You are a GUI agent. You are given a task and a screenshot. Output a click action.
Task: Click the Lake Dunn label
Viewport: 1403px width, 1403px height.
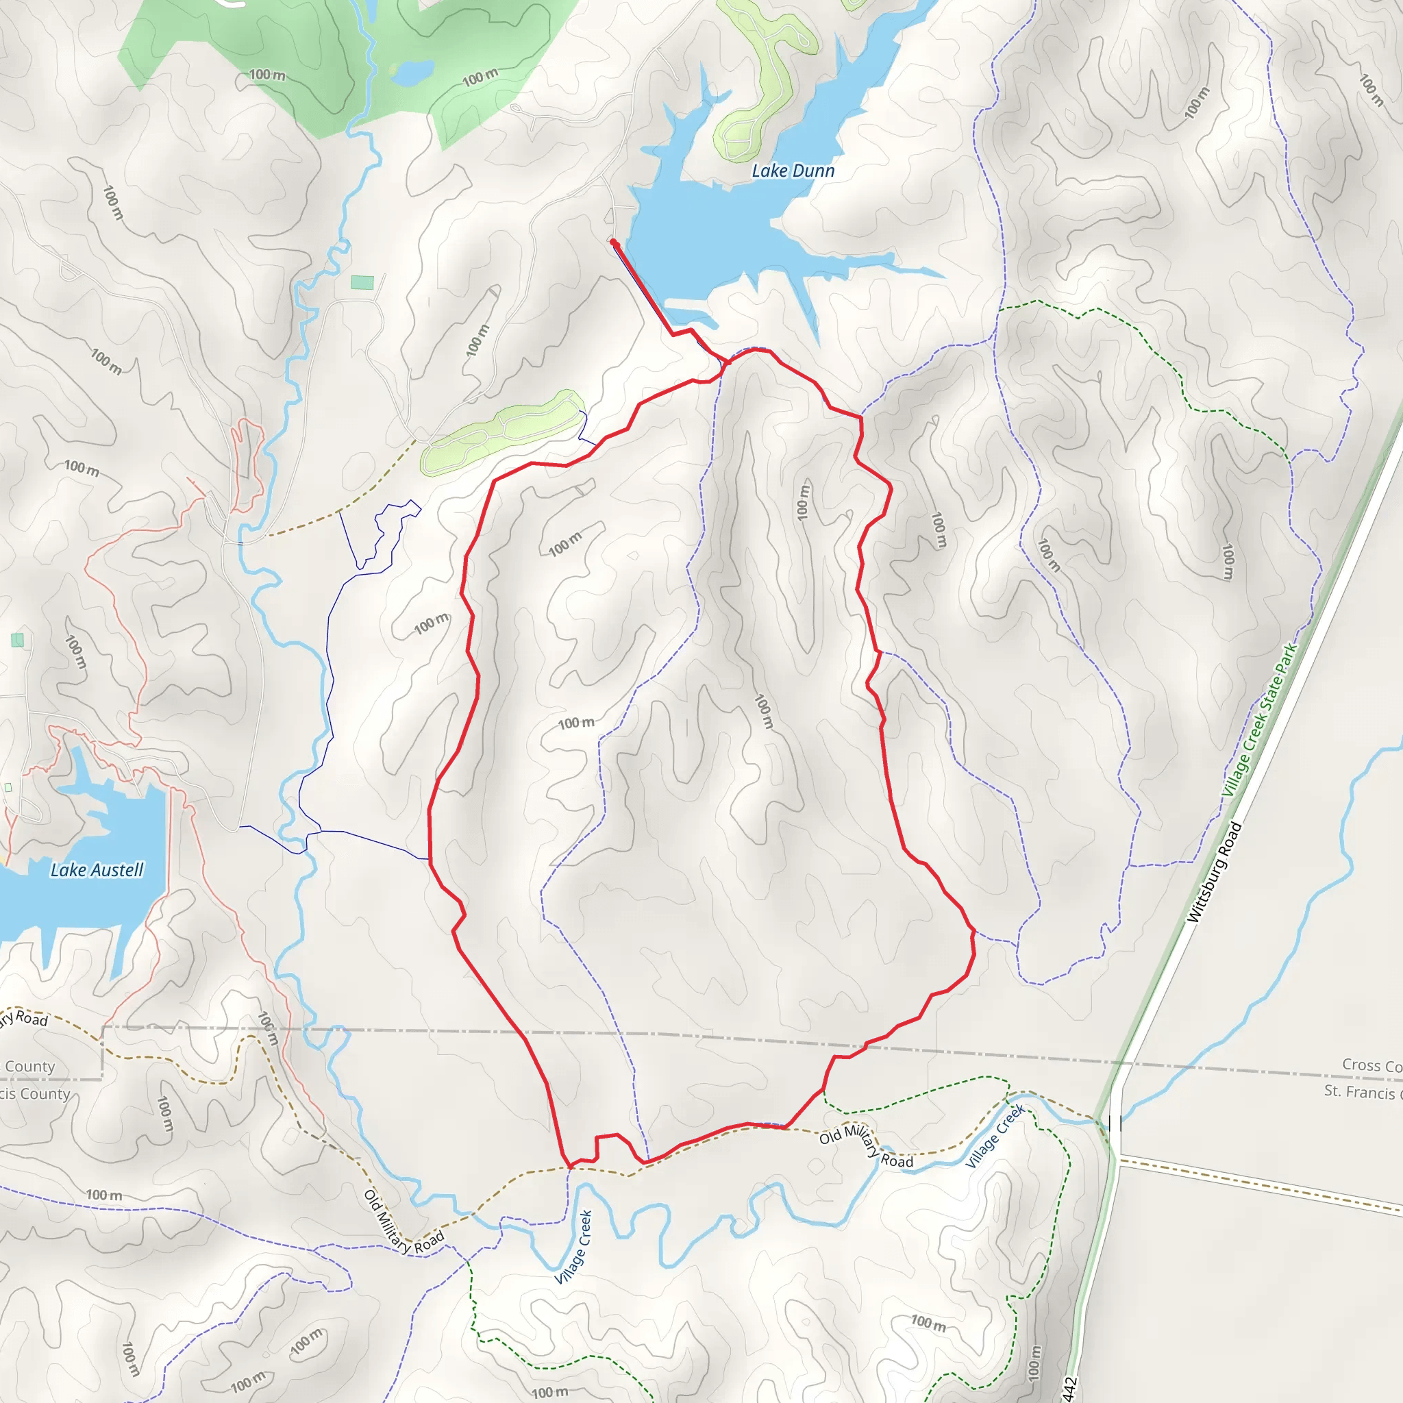click(793, 171)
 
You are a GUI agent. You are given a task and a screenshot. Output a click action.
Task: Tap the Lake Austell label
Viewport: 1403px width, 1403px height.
click(97, 870)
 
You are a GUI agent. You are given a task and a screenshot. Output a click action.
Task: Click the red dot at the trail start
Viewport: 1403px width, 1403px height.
click(614, 242)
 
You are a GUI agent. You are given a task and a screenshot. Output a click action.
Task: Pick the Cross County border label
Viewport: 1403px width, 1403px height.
click(1370, 1065)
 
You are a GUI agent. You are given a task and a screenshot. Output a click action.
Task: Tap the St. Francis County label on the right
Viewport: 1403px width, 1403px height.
click(1362, 1091)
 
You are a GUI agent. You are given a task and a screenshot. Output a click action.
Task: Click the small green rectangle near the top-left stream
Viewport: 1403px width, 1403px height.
click(362, 282)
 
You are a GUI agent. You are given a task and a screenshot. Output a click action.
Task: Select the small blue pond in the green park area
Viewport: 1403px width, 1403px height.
click(413, 71)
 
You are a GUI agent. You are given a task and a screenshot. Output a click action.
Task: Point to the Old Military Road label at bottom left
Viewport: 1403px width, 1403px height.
click(403, 1222)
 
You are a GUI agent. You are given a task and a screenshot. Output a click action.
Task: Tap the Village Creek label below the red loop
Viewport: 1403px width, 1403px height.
click(573, 1247)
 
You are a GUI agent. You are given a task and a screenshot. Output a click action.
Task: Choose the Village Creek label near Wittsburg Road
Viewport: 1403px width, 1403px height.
click(995, 1136)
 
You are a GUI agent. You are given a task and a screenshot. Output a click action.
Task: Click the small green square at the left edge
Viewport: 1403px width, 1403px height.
click(17, 640)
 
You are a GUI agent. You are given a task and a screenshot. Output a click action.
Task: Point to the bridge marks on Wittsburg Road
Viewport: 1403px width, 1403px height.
click(1115, 1124)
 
